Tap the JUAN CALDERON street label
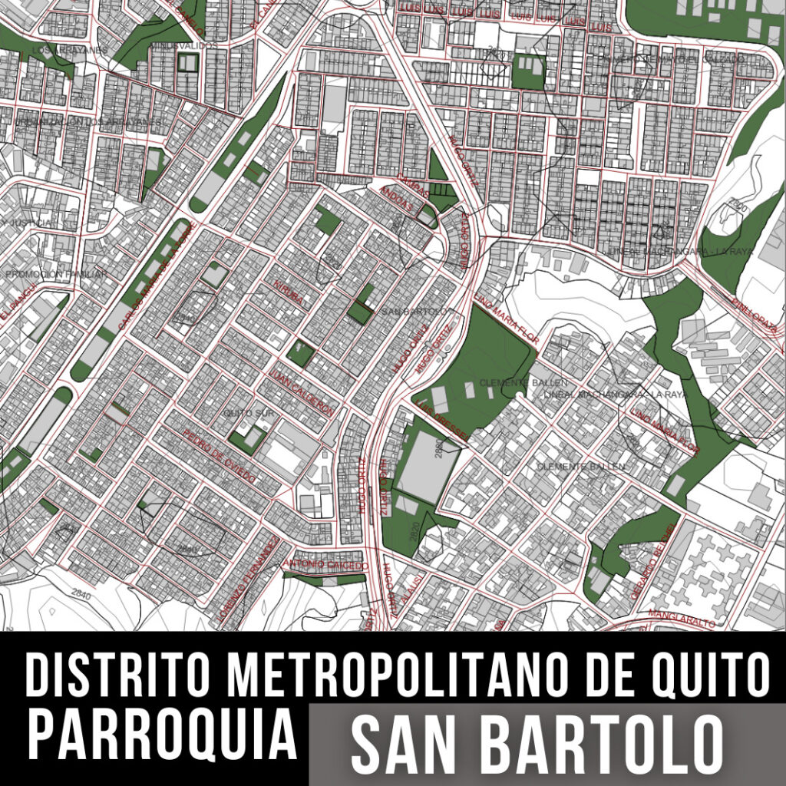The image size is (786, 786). pos(302,393)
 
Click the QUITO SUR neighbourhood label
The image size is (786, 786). pos(243,413)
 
